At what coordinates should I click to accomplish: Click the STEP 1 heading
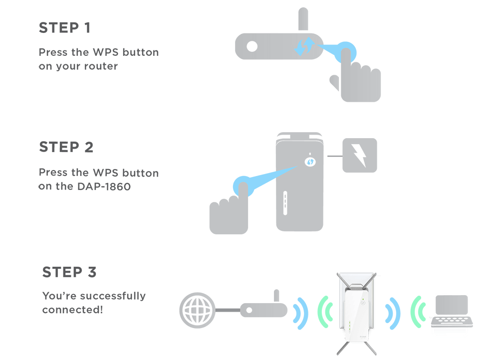pyautogui.click(x=64, y=28)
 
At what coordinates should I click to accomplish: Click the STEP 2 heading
pyautogui.click(x=66, y=148)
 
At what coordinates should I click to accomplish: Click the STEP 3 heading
pyautogui.click(x=69, y=272)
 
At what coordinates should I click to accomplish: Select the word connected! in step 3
pyautogui.click(x=72, y=310)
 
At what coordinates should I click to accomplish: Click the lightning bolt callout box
pyautogui.click(x=359, y=156)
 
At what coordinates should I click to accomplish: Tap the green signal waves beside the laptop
pyautogui.click(x=416, y=312)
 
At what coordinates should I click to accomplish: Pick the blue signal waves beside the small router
pyautogui.click(x=299, y=312)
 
